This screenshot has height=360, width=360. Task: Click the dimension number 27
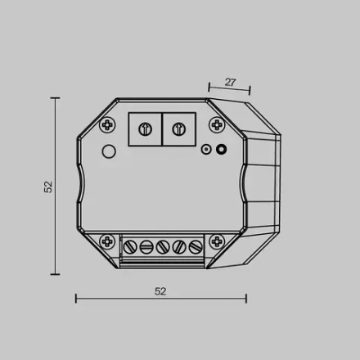231,82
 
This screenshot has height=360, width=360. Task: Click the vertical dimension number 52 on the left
48,187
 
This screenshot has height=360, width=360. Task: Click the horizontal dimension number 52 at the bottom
160,291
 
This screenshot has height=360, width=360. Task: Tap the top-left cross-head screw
108,125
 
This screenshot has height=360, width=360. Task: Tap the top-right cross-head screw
218,124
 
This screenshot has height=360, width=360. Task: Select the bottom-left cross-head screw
107,241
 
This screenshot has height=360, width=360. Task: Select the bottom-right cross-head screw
217,241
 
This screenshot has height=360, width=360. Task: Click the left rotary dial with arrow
146,128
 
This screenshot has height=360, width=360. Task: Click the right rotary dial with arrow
179,128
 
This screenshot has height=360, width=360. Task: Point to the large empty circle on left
109,151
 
